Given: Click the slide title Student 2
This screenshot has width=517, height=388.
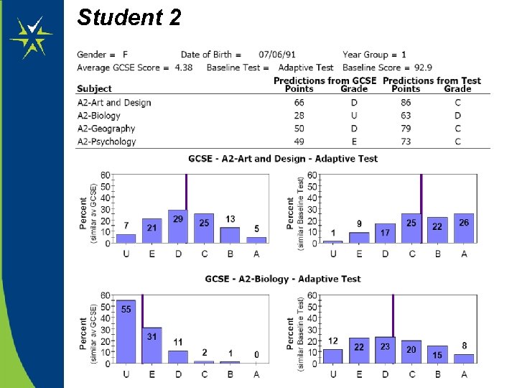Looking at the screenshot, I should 129,17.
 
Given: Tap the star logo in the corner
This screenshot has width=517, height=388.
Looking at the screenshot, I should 31,37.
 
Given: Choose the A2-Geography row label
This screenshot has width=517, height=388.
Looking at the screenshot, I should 106,129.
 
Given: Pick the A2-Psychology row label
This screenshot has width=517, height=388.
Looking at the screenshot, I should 107,142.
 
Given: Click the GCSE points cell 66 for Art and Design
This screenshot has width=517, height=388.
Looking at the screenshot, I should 299,103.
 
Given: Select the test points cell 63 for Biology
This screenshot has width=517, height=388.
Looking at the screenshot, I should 406,116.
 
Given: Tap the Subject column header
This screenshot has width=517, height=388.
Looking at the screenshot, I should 95,89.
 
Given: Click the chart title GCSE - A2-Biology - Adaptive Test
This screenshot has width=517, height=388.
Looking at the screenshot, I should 282,279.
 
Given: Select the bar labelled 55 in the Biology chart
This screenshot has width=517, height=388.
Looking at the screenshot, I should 126,331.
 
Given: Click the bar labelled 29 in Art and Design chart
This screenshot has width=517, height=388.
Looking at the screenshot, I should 178,226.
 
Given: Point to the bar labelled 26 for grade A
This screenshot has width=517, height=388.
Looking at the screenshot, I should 464,229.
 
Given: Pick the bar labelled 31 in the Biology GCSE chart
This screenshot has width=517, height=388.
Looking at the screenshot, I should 152,346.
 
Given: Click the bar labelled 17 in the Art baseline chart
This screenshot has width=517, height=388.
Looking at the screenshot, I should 385,234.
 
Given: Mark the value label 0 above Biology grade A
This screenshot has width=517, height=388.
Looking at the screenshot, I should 256,354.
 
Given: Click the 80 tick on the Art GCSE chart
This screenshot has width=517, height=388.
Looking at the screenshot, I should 106,175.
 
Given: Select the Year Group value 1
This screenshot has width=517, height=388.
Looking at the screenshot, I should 404,55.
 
